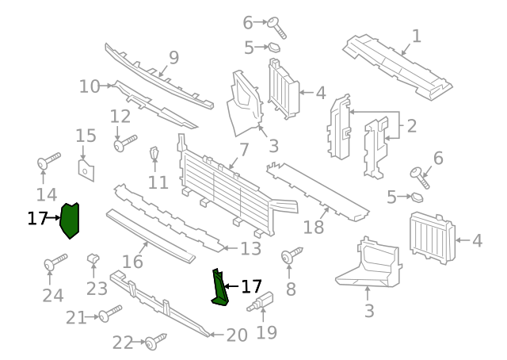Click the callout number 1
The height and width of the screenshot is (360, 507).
[x=416, y=36]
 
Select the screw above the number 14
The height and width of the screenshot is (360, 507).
[x=48, y=162]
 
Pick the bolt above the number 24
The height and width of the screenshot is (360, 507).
[x=55, y=262]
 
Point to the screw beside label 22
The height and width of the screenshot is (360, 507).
[x=154, y=341]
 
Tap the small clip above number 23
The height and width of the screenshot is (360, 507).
[x=93, y=257]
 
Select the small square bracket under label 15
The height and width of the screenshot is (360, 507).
[x=86, y=169]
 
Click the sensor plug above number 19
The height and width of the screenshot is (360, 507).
[x=260, y=303]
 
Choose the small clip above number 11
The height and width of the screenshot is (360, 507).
[x=155, y=152]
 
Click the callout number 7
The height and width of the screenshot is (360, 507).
[x=244, y=150]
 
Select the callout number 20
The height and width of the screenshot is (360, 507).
[x=237, y=335]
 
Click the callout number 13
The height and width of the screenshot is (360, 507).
[x=250, y=249]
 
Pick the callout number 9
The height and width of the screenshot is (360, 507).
[x=173, y=58]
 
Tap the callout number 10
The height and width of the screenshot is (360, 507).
[x=89, y=86]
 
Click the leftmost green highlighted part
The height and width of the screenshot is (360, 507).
[x=70, y=220]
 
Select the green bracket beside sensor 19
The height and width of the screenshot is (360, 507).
[x=218, y=288]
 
